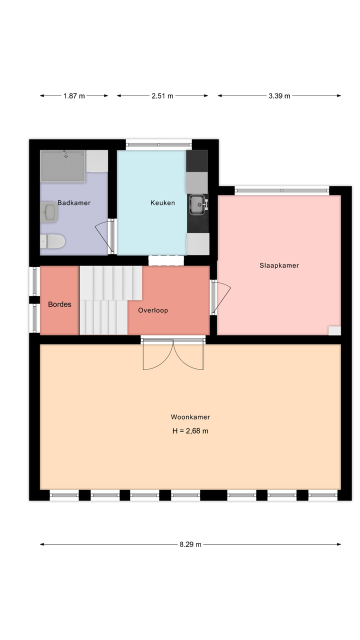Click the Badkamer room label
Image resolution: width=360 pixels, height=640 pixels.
(x=73, y=203)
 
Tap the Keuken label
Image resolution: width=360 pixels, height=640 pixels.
(x=162, y=203)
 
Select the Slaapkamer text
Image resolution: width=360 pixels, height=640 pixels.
(x=279, y=265)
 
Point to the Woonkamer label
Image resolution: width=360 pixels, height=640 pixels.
(x=190, y=417)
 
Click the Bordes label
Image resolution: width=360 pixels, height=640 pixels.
(x=59, y=304)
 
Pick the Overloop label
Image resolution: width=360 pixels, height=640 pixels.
(x=153, y=310)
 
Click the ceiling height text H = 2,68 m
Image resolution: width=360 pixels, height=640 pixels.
(x=190, y=431)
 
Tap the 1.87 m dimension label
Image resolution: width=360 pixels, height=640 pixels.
(x=74, y=96)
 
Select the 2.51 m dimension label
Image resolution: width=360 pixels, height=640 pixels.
(x=162, y=96)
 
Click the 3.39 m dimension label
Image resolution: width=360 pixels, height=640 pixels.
(x=279, y=96)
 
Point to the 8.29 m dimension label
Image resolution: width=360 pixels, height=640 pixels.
(x=190, y=544)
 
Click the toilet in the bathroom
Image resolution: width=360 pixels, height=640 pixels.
(x=52, y=241)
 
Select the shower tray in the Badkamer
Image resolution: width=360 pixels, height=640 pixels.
(x=63, y=166)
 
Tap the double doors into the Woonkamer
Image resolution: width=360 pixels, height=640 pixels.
(x=173, y=354)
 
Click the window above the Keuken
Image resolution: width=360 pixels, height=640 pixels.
(x=159, y=144)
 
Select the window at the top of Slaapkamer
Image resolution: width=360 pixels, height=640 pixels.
(x=282, y=190)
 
